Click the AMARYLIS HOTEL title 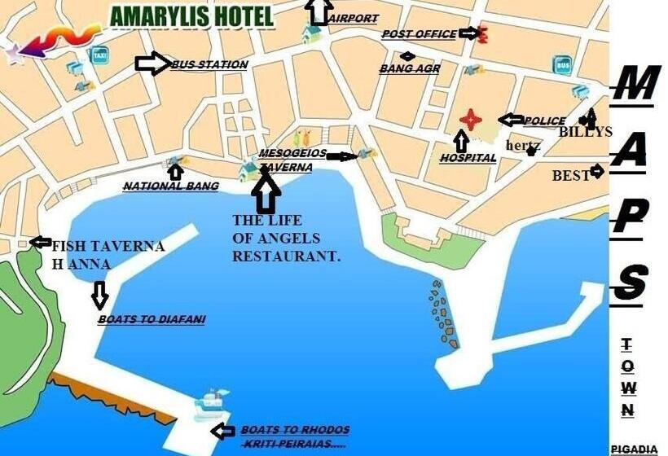(192, 16)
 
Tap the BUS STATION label (209, 64)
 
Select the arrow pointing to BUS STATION (152, 64)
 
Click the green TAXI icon (99, 55)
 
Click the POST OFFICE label (419, 34)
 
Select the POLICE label (544, 121)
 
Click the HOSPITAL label (468, 159)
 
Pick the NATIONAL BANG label (170, 186)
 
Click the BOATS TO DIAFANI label (152, 320)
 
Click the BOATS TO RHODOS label (295, 430)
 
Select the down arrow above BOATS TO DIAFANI (100, 295)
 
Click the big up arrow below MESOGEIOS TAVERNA (266, 193)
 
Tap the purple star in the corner (14, 55)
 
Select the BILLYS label (585, 132)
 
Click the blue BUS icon (562, 64)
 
